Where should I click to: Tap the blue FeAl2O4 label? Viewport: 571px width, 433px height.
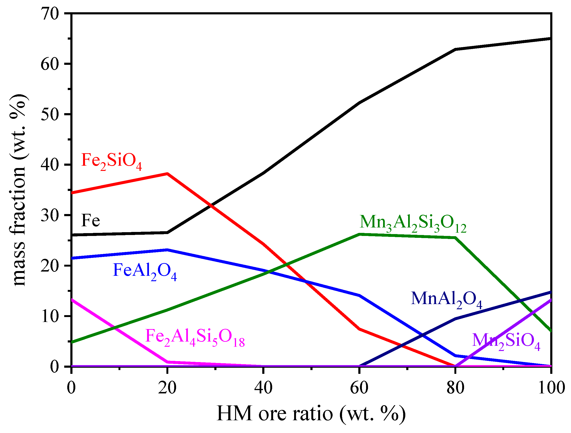tap(145, 271)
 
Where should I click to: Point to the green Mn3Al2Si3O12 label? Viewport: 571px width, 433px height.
tap(413, 223)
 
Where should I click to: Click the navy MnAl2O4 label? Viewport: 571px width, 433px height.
tap(447, 300)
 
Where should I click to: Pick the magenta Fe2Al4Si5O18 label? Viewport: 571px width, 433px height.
tap(195, 337)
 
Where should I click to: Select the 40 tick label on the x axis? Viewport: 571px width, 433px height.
tap(263, 388)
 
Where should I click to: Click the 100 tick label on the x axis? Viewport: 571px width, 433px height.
tap(551, 388)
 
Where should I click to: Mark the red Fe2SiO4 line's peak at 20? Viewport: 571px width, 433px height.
tap(167, 174)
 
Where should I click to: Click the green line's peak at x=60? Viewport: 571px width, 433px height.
tap(359, 234)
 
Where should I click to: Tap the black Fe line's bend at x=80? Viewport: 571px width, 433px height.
tap(455, 49)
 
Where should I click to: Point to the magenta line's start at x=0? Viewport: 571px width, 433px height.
tap(72, 300)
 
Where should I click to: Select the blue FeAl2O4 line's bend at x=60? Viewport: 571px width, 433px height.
tap(359, 295)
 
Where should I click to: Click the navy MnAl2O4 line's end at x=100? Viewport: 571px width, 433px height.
tap(551, 292)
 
